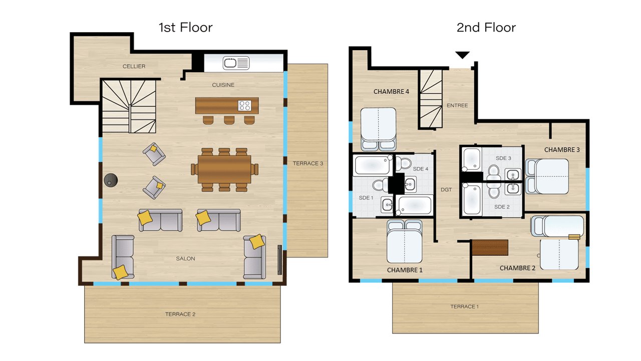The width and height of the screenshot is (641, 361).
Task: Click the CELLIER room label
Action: [134, 66]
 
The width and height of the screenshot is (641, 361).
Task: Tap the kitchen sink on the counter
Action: [236, 63]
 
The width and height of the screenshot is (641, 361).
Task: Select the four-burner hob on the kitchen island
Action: [245, 105]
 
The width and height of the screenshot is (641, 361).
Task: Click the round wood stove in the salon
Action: [111, 180]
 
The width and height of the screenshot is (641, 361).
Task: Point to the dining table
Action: [224, 169]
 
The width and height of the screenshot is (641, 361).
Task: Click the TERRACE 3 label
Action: [308, 163]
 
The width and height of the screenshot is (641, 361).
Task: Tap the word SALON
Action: [185, 258]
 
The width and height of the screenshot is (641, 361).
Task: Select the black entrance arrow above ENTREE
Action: [462, 55]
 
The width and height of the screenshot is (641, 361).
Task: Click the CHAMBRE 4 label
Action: [391, 91]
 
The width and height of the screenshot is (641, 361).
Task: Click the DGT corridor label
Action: [446, 190]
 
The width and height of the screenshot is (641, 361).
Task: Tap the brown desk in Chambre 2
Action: [490, 248]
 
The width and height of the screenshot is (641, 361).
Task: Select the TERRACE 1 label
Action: [464, 306]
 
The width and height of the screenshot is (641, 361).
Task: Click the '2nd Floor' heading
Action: [486, 28]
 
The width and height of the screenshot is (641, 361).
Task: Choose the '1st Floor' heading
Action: [186, 28]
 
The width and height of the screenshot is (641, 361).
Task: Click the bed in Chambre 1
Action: [404, 241]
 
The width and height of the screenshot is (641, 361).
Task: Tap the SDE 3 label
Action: [503, 158]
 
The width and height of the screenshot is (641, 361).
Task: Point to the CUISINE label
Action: [223, 85]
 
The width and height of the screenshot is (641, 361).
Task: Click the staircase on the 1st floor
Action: [129, 106]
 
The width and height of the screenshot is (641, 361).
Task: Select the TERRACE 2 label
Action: [180, 314]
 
